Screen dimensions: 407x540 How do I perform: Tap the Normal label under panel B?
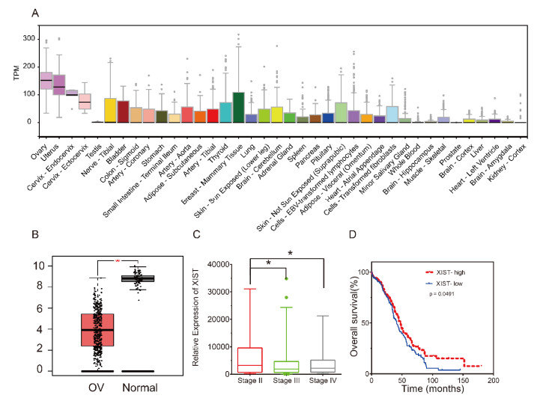pos(137,390)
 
